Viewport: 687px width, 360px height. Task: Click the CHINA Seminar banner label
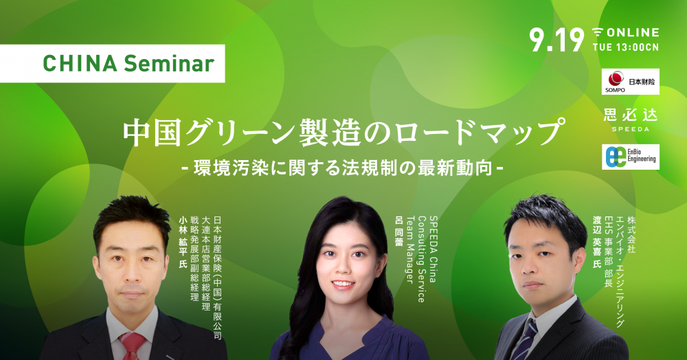pos(112,63)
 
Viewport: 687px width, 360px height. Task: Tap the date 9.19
pos(556,41)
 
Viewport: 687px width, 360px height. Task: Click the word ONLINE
pos(633,32)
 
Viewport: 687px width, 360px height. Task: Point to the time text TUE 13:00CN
pos(626,47)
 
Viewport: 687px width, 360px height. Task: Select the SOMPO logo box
pos(630,82)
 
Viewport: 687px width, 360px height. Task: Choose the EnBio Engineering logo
pos(630,157)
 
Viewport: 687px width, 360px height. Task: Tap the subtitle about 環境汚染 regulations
pos(343,168)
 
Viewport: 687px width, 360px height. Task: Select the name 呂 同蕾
pos(398,231)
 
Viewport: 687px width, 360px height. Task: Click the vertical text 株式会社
pos(631,234)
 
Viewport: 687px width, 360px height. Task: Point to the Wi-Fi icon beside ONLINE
pos(598,32)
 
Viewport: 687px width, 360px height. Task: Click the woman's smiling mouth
pos(343,284)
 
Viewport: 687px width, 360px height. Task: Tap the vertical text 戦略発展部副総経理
pos(194,258)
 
